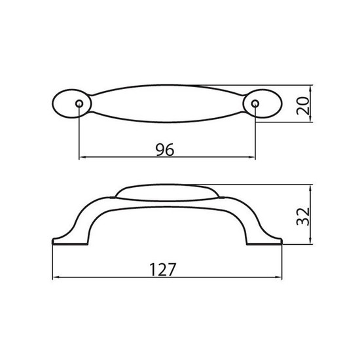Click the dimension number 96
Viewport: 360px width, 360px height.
(165, 149)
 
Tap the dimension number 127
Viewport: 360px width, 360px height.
(162, 270)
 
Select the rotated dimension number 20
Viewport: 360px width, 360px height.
(303, 106)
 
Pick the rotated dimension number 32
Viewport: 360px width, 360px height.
(303, 217)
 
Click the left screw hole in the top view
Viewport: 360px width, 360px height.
(79, 103)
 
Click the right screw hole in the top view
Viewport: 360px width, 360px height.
(255, 103)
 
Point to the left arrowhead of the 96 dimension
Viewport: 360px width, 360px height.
(82, 157)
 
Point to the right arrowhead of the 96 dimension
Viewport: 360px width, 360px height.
(252, 157)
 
